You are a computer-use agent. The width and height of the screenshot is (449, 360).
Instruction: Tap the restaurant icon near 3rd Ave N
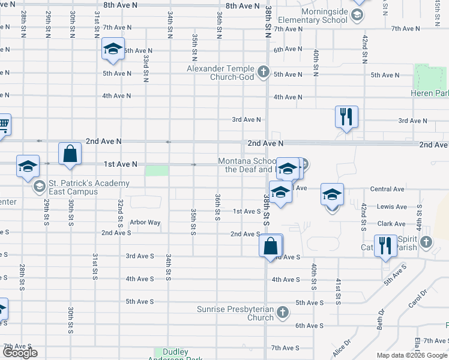coord(346,117)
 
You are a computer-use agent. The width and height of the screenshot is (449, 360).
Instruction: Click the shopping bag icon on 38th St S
coord(271,246)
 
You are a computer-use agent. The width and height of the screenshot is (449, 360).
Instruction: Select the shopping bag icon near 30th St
coord(70,154)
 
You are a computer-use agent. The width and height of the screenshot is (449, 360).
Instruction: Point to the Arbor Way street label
coord(145,223)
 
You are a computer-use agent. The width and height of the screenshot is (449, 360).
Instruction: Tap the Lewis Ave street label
coord(393,207)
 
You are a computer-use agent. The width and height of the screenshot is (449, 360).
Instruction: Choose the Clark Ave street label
coord(392,224)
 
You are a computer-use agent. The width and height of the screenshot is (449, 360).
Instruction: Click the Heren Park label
coord(430,94)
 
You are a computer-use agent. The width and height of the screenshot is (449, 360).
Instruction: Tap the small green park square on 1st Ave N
coord(157,170)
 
